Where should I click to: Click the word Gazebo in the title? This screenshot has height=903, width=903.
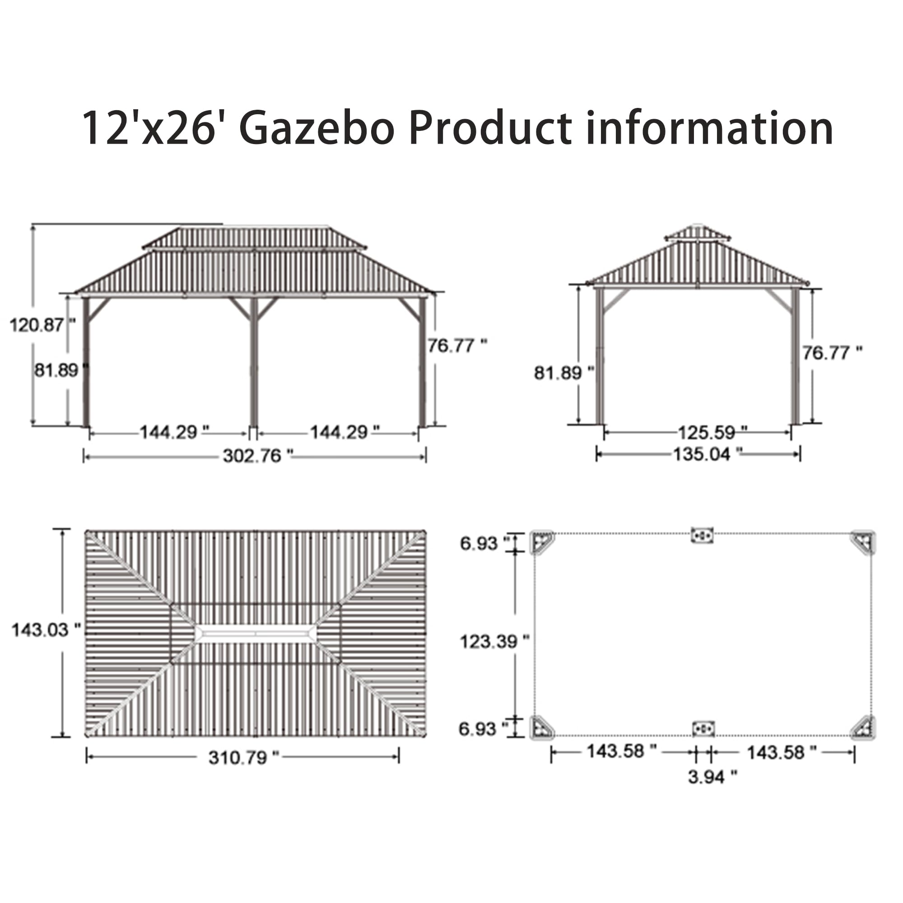pos(317,128)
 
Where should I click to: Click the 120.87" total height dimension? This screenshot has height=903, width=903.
pos(42,325)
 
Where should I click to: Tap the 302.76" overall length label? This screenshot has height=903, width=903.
pos(257,456)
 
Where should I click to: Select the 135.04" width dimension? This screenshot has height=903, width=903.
pos(707,454)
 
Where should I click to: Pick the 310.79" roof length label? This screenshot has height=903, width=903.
pos(243,758)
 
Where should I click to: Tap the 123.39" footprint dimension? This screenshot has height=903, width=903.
pos(494,642)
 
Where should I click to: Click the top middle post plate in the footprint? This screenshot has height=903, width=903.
pos(703,535)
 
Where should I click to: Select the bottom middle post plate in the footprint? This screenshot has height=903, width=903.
pos(703,729)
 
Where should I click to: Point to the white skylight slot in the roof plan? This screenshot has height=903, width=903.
pos(256,634)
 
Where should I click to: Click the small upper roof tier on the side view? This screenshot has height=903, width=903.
pos(698,233)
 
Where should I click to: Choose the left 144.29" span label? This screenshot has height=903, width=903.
pos(174,433)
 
